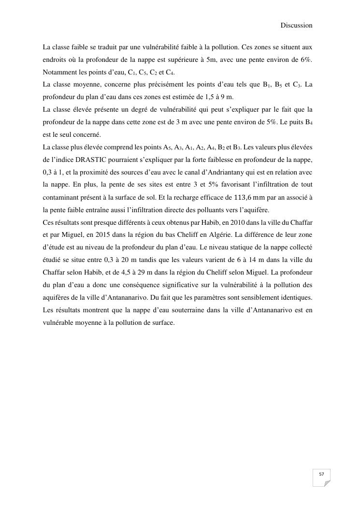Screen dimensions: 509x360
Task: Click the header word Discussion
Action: point(296,25)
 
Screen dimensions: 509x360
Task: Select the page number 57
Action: point(321,474)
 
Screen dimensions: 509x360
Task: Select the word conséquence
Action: point(152,285)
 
